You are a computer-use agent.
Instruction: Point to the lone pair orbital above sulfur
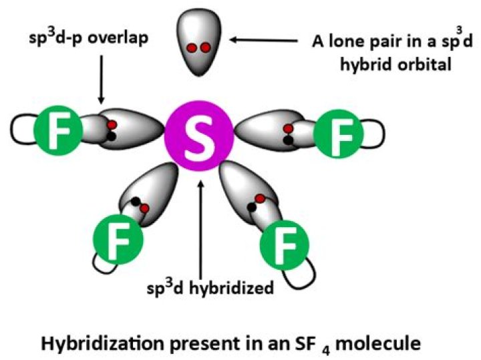point(198,44)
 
